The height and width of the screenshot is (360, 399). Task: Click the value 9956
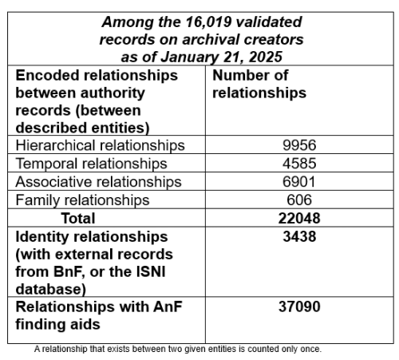(299, 145)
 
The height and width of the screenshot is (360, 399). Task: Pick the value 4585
(299, 164)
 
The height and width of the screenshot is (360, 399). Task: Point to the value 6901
(299, 182)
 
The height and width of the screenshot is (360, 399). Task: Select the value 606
(299, 200)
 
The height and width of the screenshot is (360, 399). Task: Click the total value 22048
(299, 219)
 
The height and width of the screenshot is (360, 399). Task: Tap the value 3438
(299, 237)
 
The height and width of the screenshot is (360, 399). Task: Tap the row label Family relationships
(83, 200)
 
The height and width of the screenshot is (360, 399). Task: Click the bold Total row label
(77, 219)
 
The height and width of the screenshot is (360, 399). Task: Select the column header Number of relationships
(259, 84)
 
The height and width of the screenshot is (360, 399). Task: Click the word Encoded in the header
(47, 75)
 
